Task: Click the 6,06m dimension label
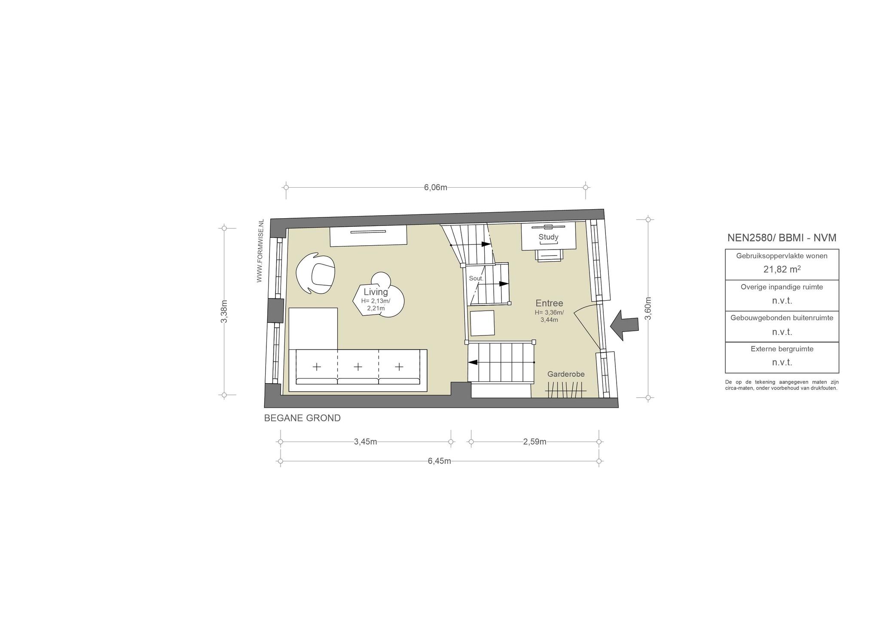435,187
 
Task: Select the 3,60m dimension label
648,308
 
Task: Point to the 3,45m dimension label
365,442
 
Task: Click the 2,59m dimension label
535,442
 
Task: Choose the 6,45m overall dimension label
439,461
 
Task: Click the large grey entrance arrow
624,325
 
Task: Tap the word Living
376,292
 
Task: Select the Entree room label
549,303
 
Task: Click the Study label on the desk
548,237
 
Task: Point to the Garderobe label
566,374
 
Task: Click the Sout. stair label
476,278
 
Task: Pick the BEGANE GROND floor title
302,418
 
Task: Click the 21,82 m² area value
782,269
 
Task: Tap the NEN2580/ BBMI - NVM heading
782,238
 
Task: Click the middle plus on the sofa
357,367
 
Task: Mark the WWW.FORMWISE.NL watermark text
260,251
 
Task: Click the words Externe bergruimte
782,349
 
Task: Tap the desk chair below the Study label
549,254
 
